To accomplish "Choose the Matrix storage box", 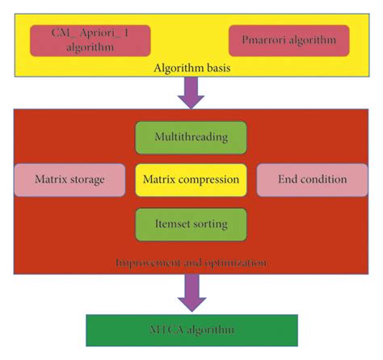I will coord(70,178).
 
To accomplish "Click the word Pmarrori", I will coord(266,40).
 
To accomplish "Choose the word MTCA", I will coord(162,330).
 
